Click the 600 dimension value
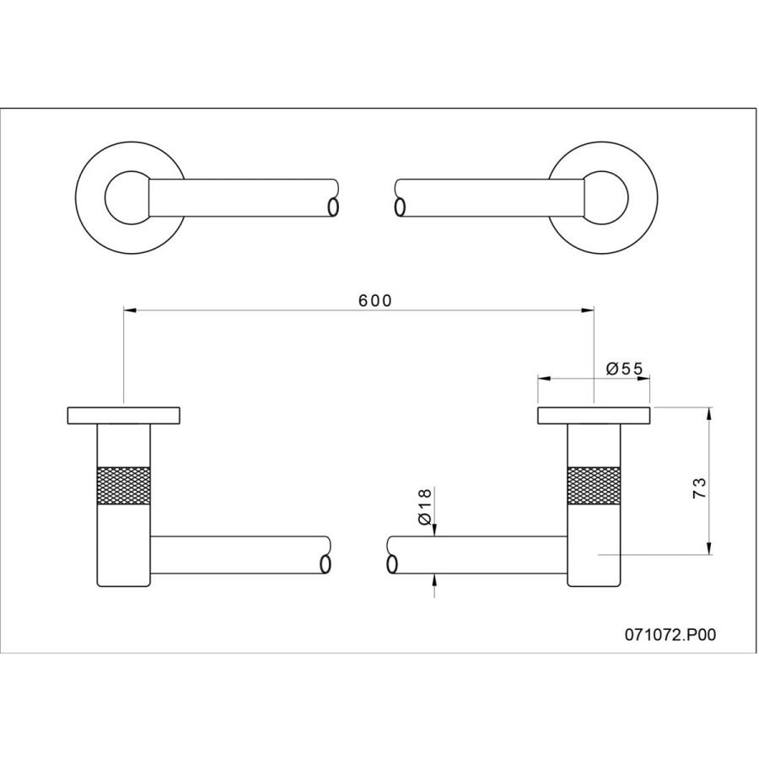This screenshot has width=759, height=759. (x=374, y=300)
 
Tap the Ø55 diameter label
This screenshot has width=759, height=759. (x=624, y=369)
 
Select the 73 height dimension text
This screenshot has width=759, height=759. (x=699, y=488)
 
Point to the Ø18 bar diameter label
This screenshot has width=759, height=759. (x=423, y=506)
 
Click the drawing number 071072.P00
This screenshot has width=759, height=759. (x=670, y=634)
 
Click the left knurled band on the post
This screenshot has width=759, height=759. (x=123, y=486)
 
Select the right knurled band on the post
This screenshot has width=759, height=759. (x=594, y=486)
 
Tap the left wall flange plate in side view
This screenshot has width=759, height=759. (x=123, y=416)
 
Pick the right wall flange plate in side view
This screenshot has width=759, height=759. (x=594, y=416)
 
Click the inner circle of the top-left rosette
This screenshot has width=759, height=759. (x=105, y=197)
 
